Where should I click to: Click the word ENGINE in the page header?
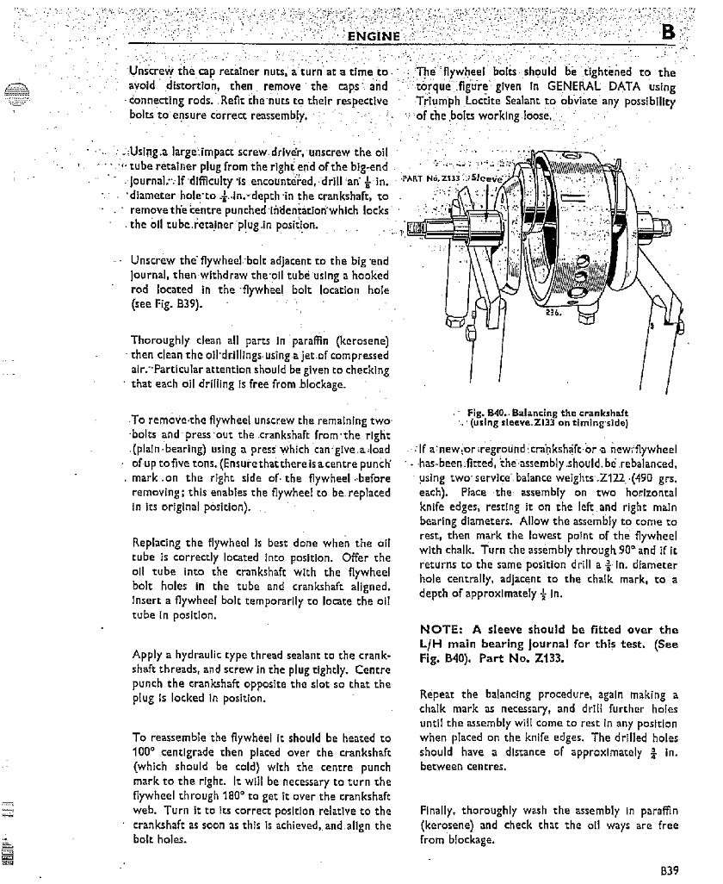pyautogui.click(x=374, y=35)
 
